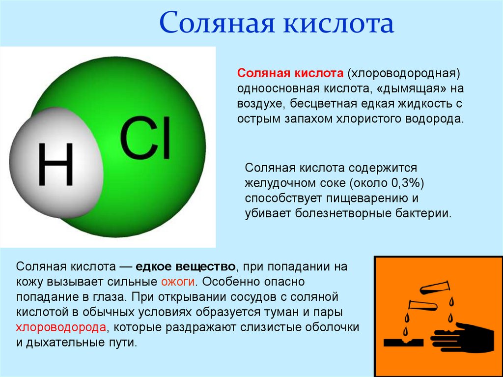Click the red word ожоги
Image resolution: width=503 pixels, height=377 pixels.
[x=179, y=282]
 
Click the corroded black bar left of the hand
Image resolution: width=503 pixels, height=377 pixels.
[x=402, y=341]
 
